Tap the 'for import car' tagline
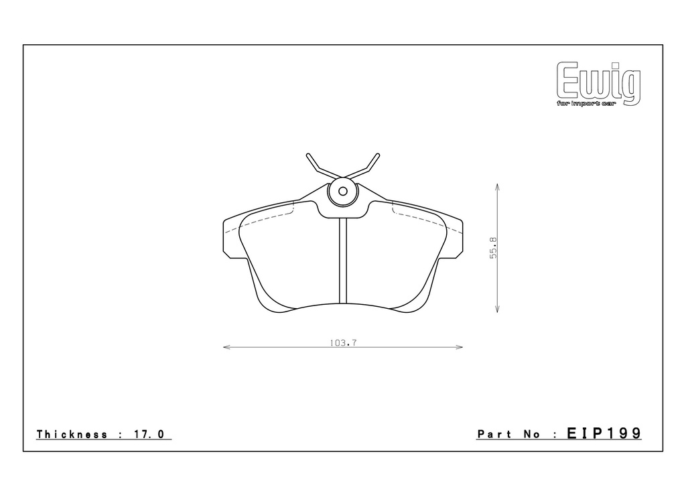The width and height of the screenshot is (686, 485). tap(586, 104)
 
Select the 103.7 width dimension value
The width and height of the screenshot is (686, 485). tap(344, 343)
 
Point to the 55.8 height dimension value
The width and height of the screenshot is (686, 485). tap(494, 248)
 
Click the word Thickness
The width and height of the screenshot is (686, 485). tap(72, 434)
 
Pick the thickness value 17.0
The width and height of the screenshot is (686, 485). tap(148, 434)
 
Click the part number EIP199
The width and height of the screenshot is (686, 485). tap(604, 433)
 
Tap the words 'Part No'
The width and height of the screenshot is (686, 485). tap(509, 434)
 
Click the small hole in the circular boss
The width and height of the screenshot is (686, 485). tap(343, 191)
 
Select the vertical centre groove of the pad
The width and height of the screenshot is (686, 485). tap(343, 261)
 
